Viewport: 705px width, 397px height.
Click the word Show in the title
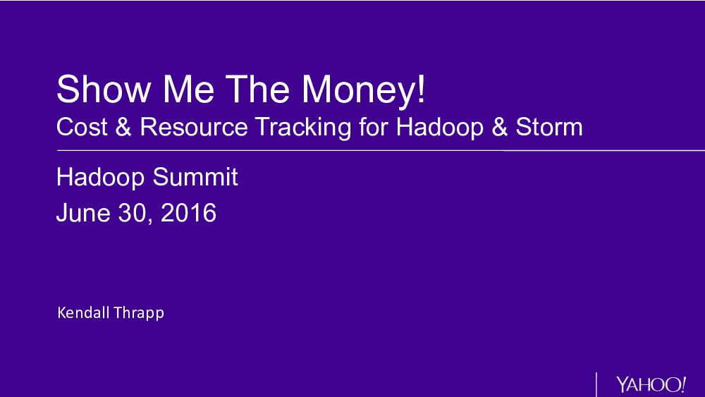point(104,89)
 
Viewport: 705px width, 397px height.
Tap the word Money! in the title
point(363,91)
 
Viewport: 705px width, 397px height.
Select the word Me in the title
point(188,89)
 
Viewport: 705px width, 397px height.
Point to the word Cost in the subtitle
point(82,126)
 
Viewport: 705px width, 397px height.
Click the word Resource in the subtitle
point(194,126)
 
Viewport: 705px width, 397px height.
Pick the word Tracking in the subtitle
point(303,128)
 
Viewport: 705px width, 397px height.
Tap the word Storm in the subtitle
point(549,126)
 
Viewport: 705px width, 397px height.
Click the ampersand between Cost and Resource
point(123,126)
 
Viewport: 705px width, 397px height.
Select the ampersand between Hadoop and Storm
point(500,126)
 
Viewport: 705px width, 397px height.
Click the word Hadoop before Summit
point(100,178)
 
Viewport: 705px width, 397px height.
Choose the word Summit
point(195,176)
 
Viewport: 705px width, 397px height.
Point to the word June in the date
point(83,213)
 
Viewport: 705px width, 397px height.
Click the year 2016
point(188,213)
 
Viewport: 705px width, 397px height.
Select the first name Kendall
point(84,312)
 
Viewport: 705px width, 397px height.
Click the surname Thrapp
point(139,313)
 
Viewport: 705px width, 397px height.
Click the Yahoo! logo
point(651,384)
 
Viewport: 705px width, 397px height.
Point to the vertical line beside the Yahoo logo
point(596,384)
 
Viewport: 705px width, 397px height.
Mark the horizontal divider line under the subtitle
point(381,151)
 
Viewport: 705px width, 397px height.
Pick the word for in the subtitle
point(374,126)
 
